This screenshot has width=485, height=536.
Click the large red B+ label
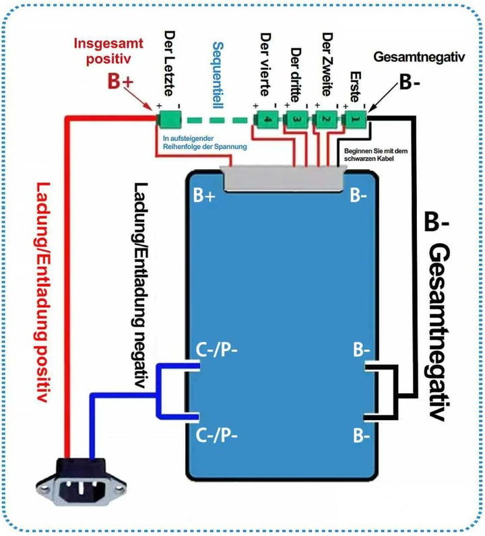pos(123,81)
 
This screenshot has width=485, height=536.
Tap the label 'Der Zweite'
pos(327,65)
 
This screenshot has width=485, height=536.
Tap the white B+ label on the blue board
pos(205,196)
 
